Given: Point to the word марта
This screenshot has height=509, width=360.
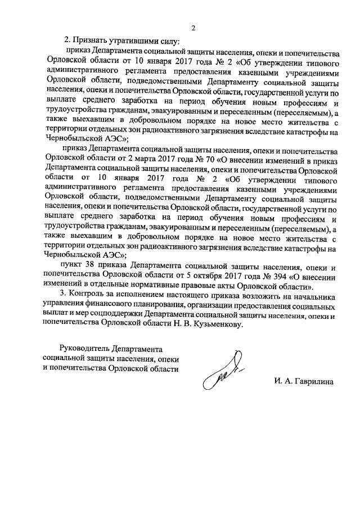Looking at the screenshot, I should (128, 159).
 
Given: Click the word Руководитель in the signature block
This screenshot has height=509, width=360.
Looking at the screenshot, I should (83, 349).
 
